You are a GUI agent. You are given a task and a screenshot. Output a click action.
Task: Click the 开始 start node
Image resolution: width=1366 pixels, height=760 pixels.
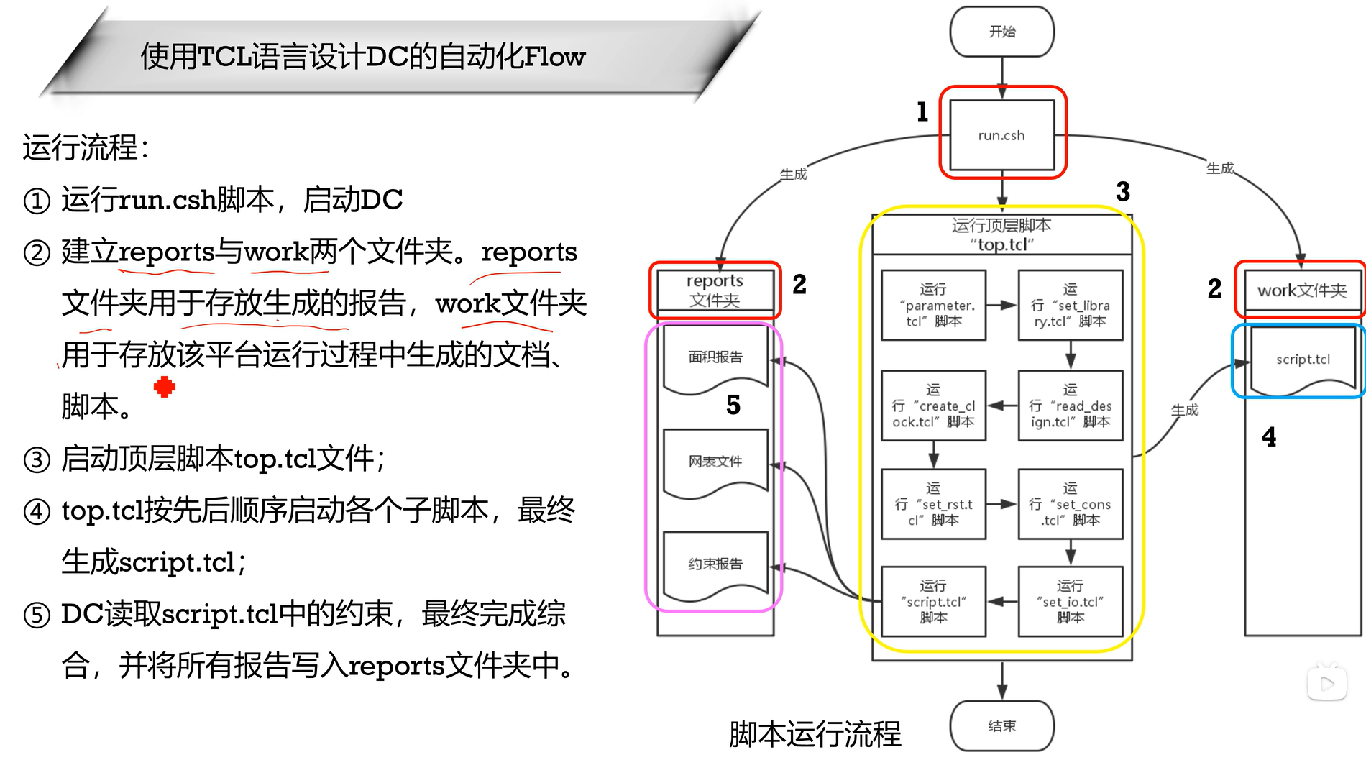[x=1001, y=32]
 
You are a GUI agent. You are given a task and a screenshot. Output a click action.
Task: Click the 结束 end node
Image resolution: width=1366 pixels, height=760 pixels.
[x=1001, y=726]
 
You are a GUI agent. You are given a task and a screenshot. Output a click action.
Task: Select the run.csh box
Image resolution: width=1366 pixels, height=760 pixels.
[x=1001, y=135]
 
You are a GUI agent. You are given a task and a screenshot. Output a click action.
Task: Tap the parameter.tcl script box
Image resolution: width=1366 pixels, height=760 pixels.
[x=933, y=306]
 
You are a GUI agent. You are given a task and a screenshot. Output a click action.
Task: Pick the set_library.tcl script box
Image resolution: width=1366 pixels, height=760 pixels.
[x=1070, y=306]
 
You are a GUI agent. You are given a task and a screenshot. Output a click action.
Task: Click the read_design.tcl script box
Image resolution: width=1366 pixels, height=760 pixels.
[x=1070, y=406]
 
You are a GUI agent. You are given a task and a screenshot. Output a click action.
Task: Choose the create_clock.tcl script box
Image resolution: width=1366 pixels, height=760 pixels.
[x=933, y=406]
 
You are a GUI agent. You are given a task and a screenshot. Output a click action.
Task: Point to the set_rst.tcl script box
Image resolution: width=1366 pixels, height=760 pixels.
[x=933, y=504]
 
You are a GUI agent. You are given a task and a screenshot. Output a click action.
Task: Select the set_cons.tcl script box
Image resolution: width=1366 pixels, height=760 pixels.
[x=1070, y=504]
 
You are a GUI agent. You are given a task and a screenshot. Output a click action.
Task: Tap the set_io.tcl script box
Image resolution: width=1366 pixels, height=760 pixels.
[x=1070, y=602]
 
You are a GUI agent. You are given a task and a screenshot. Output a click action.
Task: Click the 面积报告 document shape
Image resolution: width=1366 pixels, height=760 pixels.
[x=715, y=357]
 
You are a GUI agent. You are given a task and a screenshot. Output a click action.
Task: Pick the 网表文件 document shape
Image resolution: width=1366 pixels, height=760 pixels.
[x=715, y=462]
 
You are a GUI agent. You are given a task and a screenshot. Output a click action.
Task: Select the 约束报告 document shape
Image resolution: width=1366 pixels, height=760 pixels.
[x=715, y=564]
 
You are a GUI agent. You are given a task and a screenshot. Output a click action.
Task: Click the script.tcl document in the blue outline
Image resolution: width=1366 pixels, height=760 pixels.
[x=1303, y=360]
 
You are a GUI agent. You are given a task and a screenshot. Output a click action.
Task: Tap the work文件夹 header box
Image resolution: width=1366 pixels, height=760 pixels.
[x=1302, y=290]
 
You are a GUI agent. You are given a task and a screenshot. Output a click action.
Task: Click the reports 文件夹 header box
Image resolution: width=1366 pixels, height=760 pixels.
[x=715, y=290]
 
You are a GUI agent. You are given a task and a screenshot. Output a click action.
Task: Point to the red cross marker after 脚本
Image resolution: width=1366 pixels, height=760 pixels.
[x=165, y=387]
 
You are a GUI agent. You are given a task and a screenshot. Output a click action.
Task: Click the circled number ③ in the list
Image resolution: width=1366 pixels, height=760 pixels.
[x=37, y=459]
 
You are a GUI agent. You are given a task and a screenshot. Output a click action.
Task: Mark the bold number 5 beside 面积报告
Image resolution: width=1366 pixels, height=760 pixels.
[x=733, y=405]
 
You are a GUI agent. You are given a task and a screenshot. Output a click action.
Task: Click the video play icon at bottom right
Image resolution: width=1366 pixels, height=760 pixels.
[x=1327, y=683]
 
